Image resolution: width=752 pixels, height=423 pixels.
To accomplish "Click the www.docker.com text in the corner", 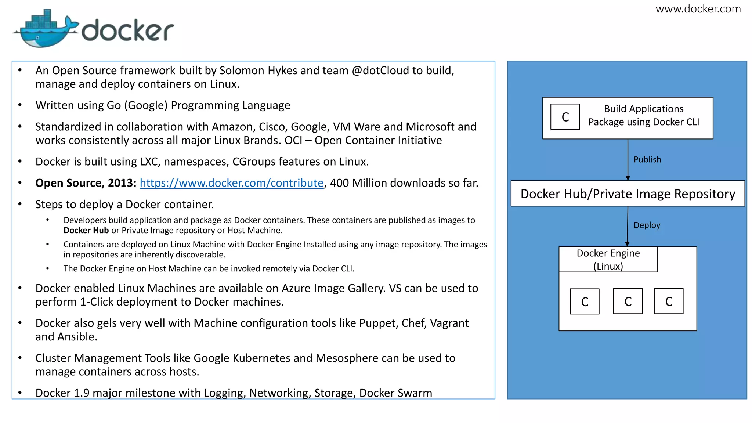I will click(698, 9).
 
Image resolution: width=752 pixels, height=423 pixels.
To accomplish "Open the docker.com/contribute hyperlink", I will click(231, 183).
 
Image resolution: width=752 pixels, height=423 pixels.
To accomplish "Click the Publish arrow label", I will click(647, 159).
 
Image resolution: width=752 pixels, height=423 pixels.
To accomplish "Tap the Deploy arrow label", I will click(647, 225).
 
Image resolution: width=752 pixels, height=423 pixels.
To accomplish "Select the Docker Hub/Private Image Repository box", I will click(628, 194).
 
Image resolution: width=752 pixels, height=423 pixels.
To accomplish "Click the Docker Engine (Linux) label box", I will click(608, 259).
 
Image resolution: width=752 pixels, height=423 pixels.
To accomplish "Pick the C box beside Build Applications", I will click(565, 117).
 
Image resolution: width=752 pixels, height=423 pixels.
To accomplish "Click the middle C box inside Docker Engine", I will click(628, 301).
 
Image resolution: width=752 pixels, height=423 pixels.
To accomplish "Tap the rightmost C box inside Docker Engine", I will click(668, 301).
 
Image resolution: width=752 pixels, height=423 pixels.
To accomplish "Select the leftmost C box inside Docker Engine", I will click(585, 301).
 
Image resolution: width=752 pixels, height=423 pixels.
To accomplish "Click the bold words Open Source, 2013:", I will click(86, 183).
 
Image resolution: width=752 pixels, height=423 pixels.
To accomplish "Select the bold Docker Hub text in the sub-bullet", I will click(86, 230).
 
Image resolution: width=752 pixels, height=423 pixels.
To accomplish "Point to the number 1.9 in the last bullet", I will click(82, 393).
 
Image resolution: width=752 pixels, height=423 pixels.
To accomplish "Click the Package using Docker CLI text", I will click(644, 122).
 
